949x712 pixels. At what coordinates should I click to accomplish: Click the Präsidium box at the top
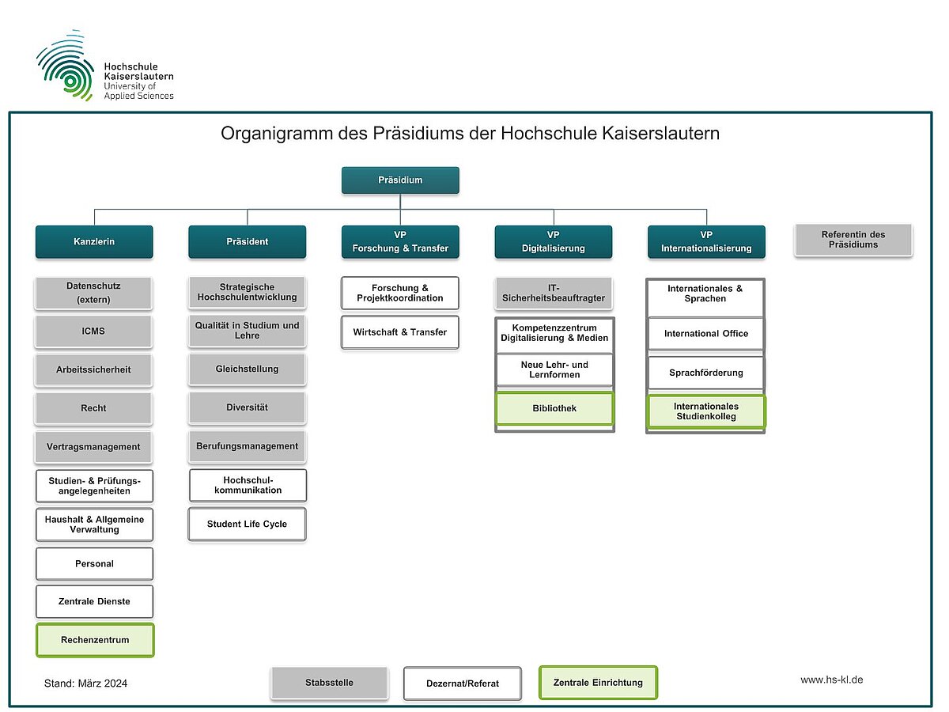point(400,180)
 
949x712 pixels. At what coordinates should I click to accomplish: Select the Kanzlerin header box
point(94,242)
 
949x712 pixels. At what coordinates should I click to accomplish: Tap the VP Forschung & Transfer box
point(400,242)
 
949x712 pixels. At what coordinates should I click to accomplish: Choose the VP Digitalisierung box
point(554,242)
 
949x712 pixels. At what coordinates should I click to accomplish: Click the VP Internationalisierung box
point(706,242)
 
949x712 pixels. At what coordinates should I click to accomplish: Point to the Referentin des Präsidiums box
point(853,240)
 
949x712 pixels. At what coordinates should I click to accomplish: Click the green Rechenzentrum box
point(95,640)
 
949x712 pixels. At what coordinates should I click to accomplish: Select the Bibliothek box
point(554,409)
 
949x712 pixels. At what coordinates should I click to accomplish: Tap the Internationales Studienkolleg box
point(706,411)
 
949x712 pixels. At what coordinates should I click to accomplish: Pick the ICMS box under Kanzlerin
point(94,331)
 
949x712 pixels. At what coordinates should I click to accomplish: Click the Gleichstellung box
point(247,369)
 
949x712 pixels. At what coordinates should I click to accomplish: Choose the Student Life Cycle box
point(247,525)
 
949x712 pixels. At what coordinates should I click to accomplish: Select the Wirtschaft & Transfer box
point(400,332)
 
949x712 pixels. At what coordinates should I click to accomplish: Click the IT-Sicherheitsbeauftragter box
point(554,294)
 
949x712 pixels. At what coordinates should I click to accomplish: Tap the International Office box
point(706,334)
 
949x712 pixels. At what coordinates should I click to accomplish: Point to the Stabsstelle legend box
point(329,683)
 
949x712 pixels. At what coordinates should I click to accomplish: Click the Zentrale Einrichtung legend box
point(598,683)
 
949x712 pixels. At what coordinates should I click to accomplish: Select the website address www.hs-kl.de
point(831,680)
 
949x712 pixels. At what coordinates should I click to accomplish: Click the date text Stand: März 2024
point(85,684)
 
